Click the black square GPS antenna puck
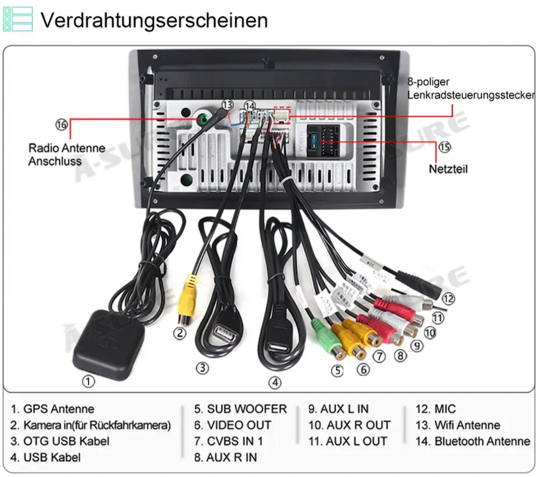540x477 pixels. pos(109,345)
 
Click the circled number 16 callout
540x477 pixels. pos(61,125)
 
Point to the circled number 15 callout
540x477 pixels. pos(444,147)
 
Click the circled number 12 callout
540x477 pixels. pos(448,299)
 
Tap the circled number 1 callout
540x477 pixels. pos(88,382)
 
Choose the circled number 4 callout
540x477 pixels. pos(275,382)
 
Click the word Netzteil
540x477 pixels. pos(448,169)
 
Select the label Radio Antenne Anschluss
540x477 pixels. pos(67,154)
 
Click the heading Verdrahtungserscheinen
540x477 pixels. pos(154,20)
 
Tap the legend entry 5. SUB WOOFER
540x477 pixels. pos(240,409)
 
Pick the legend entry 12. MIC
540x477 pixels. pos(436,409)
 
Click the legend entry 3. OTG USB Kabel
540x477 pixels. pos(60,441)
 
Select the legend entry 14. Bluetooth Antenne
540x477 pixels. pos(473,441)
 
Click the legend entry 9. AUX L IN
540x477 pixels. pos(339,409)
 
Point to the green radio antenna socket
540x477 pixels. pos(203,119)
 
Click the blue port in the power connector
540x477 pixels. pos(314,141)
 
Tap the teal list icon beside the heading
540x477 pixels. pos(17,19)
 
